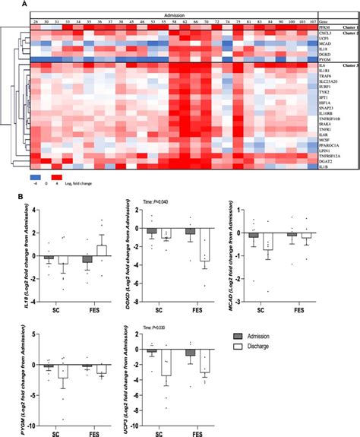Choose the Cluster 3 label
[x=349, y=67]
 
